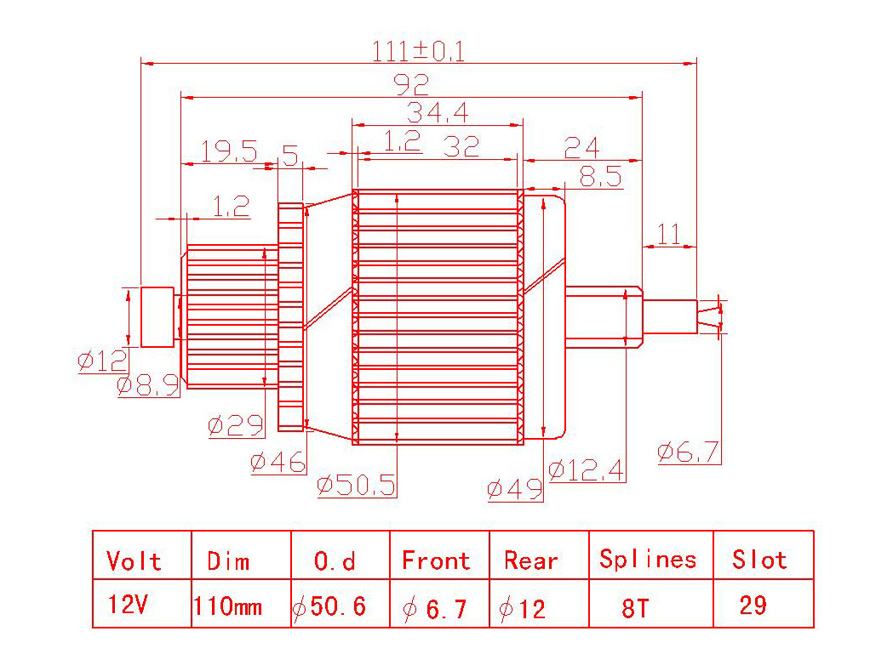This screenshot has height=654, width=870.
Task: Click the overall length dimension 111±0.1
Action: click(x=418, y=51)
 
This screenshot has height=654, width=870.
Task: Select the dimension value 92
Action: click(x=411, y=85)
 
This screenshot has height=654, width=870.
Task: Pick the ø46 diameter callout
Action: click(x=278, y=462)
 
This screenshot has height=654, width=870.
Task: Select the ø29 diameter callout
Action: click(x=236, y=425)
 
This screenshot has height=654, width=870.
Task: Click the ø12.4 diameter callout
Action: click(x=587, y=470)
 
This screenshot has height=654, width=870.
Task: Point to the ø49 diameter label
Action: click(x=515, y=489)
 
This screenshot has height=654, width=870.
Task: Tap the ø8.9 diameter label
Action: click(x=148, y=384)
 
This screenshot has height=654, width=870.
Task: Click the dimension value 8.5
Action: click(x=600, y=176)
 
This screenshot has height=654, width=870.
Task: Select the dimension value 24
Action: click(x=581, y=147)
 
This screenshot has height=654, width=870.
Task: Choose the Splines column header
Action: click(x=648, y=560)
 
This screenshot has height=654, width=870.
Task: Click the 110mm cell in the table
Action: click(x=227, y=606)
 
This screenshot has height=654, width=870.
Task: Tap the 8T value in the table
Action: click(x=635, y=608)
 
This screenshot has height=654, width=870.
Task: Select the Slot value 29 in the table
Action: click(x=753, y=605)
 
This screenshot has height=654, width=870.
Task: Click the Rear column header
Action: click(x=530, y=560)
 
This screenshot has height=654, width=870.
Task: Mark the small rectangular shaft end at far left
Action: click(x=157, y=317)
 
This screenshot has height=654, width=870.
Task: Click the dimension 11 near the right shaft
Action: click(x=668, y=234)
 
